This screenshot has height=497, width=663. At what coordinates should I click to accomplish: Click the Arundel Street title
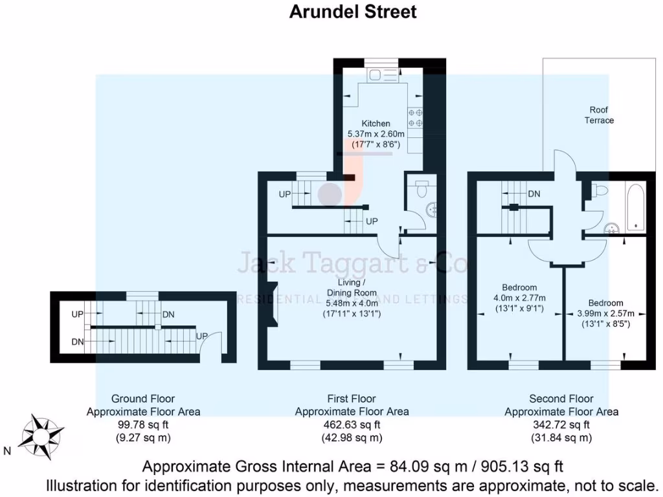tap(353, 12)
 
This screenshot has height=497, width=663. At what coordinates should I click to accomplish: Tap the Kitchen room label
tap(376, 124)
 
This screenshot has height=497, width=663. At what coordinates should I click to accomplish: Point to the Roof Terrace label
tap(599, 115)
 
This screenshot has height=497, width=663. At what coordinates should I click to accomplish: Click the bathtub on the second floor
tap(635, 207)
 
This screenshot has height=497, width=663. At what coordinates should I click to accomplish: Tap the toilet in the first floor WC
tap(421, 189)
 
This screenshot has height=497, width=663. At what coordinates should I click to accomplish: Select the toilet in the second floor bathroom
tap(599, 190)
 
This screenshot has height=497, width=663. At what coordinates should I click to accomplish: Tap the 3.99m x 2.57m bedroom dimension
tap(605, 313)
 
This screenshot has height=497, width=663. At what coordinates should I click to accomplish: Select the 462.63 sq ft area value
tap(352, 425)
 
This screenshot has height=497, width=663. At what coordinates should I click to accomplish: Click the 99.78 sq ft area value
tap(143, 425)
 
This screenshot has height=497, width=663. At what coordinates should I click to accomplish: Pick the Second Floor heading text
tap(561, 399)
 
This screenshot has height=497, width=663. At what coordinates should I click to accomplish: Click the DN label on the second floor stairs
tap(534, 193)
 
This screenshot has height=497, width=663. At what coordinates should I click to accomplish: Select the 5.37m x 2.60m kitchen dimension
tap(376, 135)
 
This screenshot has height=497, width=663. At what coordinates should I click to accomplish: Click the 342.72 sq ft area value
tap(561, 425)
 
